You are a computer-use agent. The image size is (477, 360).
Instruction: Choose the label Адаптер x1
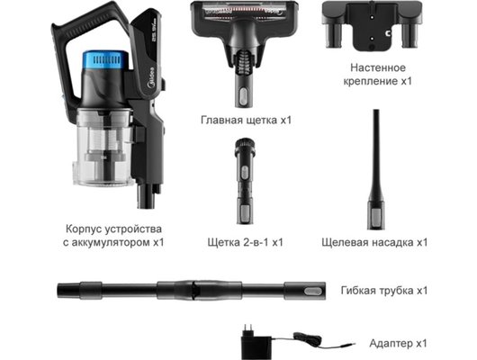tap(397, 343)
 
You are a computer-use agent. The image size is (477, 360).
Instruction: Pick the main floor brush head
tap(242, 36)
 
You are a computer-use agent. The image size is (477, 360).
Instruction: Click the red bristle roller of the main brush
tap(242, 10)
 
